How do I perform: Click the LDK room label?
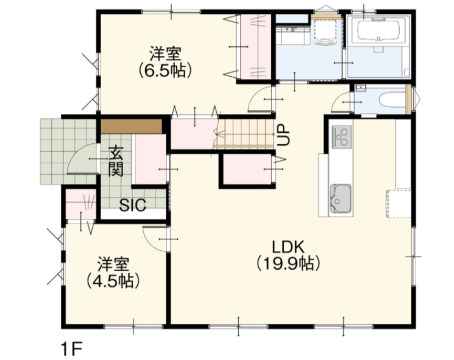pyautogui.click(x=288, y=247)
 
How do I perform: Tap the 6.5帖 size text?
pyautogui.click(x=165, y=70)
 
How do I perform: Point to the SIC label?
pyautogui.click(x=133, y=205)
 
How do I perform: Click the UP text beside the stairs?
pyautogui.click(x=283, y=135)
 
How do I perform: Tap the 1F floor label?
pyautogui.click(x=72, y=349)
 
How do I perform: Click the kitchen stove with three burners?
pyautogui.click(x=342, y=137)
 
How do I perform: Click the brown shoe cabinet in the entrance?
pyautogui.click(x=131, y=126)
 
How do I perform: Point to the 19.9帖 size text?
pyautogui.click(x=288, y=263)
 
